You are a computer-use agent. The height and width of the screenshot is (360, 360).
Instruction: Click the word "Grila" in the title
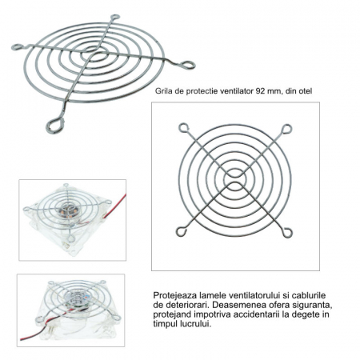(x=163, y=91)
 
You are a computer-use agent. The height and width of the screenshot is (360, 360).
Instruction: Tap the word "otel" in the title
(x=306, y=91)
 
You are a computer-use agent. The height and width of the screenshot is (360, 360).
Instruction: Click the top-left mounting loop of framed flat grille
(x=183, y=128)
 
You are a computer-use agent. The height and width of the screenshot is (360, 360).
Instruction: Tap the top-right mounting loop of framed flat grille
(x=287, y=129)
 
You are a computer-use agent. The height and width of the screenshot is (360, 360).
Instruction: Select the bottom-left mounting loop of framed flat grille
(x=182, y=231)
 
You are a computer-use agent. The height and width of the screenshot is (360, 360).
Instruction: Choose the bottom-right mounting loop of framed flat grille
(x=288, y=233)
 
